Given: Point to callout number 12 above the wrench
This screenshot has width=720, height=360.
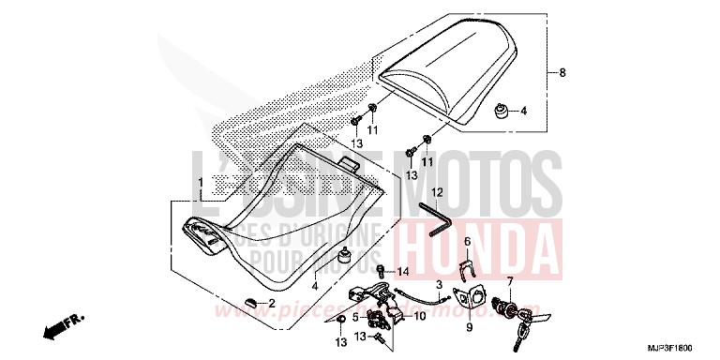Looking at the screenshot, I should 436,191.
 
